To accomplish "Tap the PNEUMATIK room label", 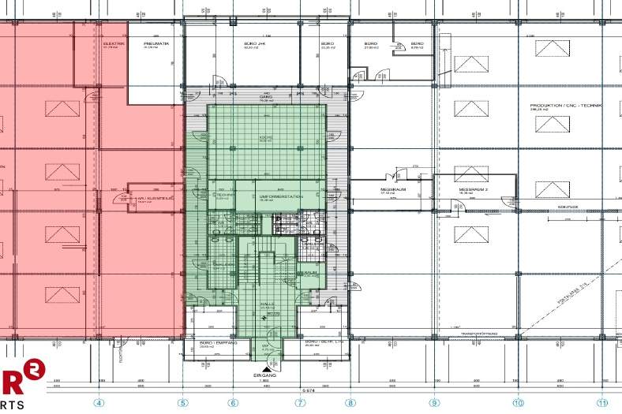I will tap(153, 43).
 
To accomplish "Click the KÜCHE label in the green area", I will tap(265, 137).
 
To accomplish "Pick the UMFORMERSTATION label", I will tap(271, 196).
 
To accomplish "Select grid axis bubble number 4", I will tap(99, 402).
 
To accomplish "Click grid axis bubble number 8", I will tap(350, 402).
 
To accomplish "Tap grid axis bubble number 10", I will tap(518, 402).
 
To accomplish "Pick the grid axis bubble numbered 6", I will tap(233, 402).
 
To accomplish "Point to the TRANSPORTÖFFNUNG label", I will tap(479, 333).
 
